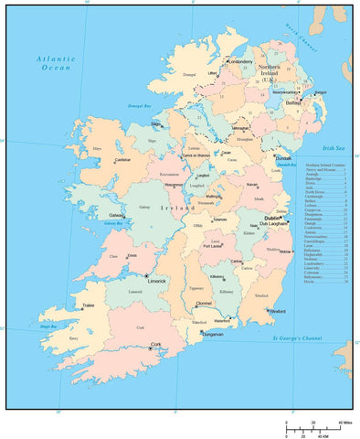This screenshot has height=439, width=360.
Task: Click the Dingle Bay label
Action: [x=47, y=327]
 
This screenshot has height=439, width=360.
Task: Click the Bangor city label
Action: [x=320, y=91]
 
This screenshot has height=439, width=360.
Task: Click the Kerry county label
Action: [x=73, y=337]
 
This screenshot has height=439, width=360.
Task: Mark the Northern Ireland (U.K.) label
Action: [x=270, y=73]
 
